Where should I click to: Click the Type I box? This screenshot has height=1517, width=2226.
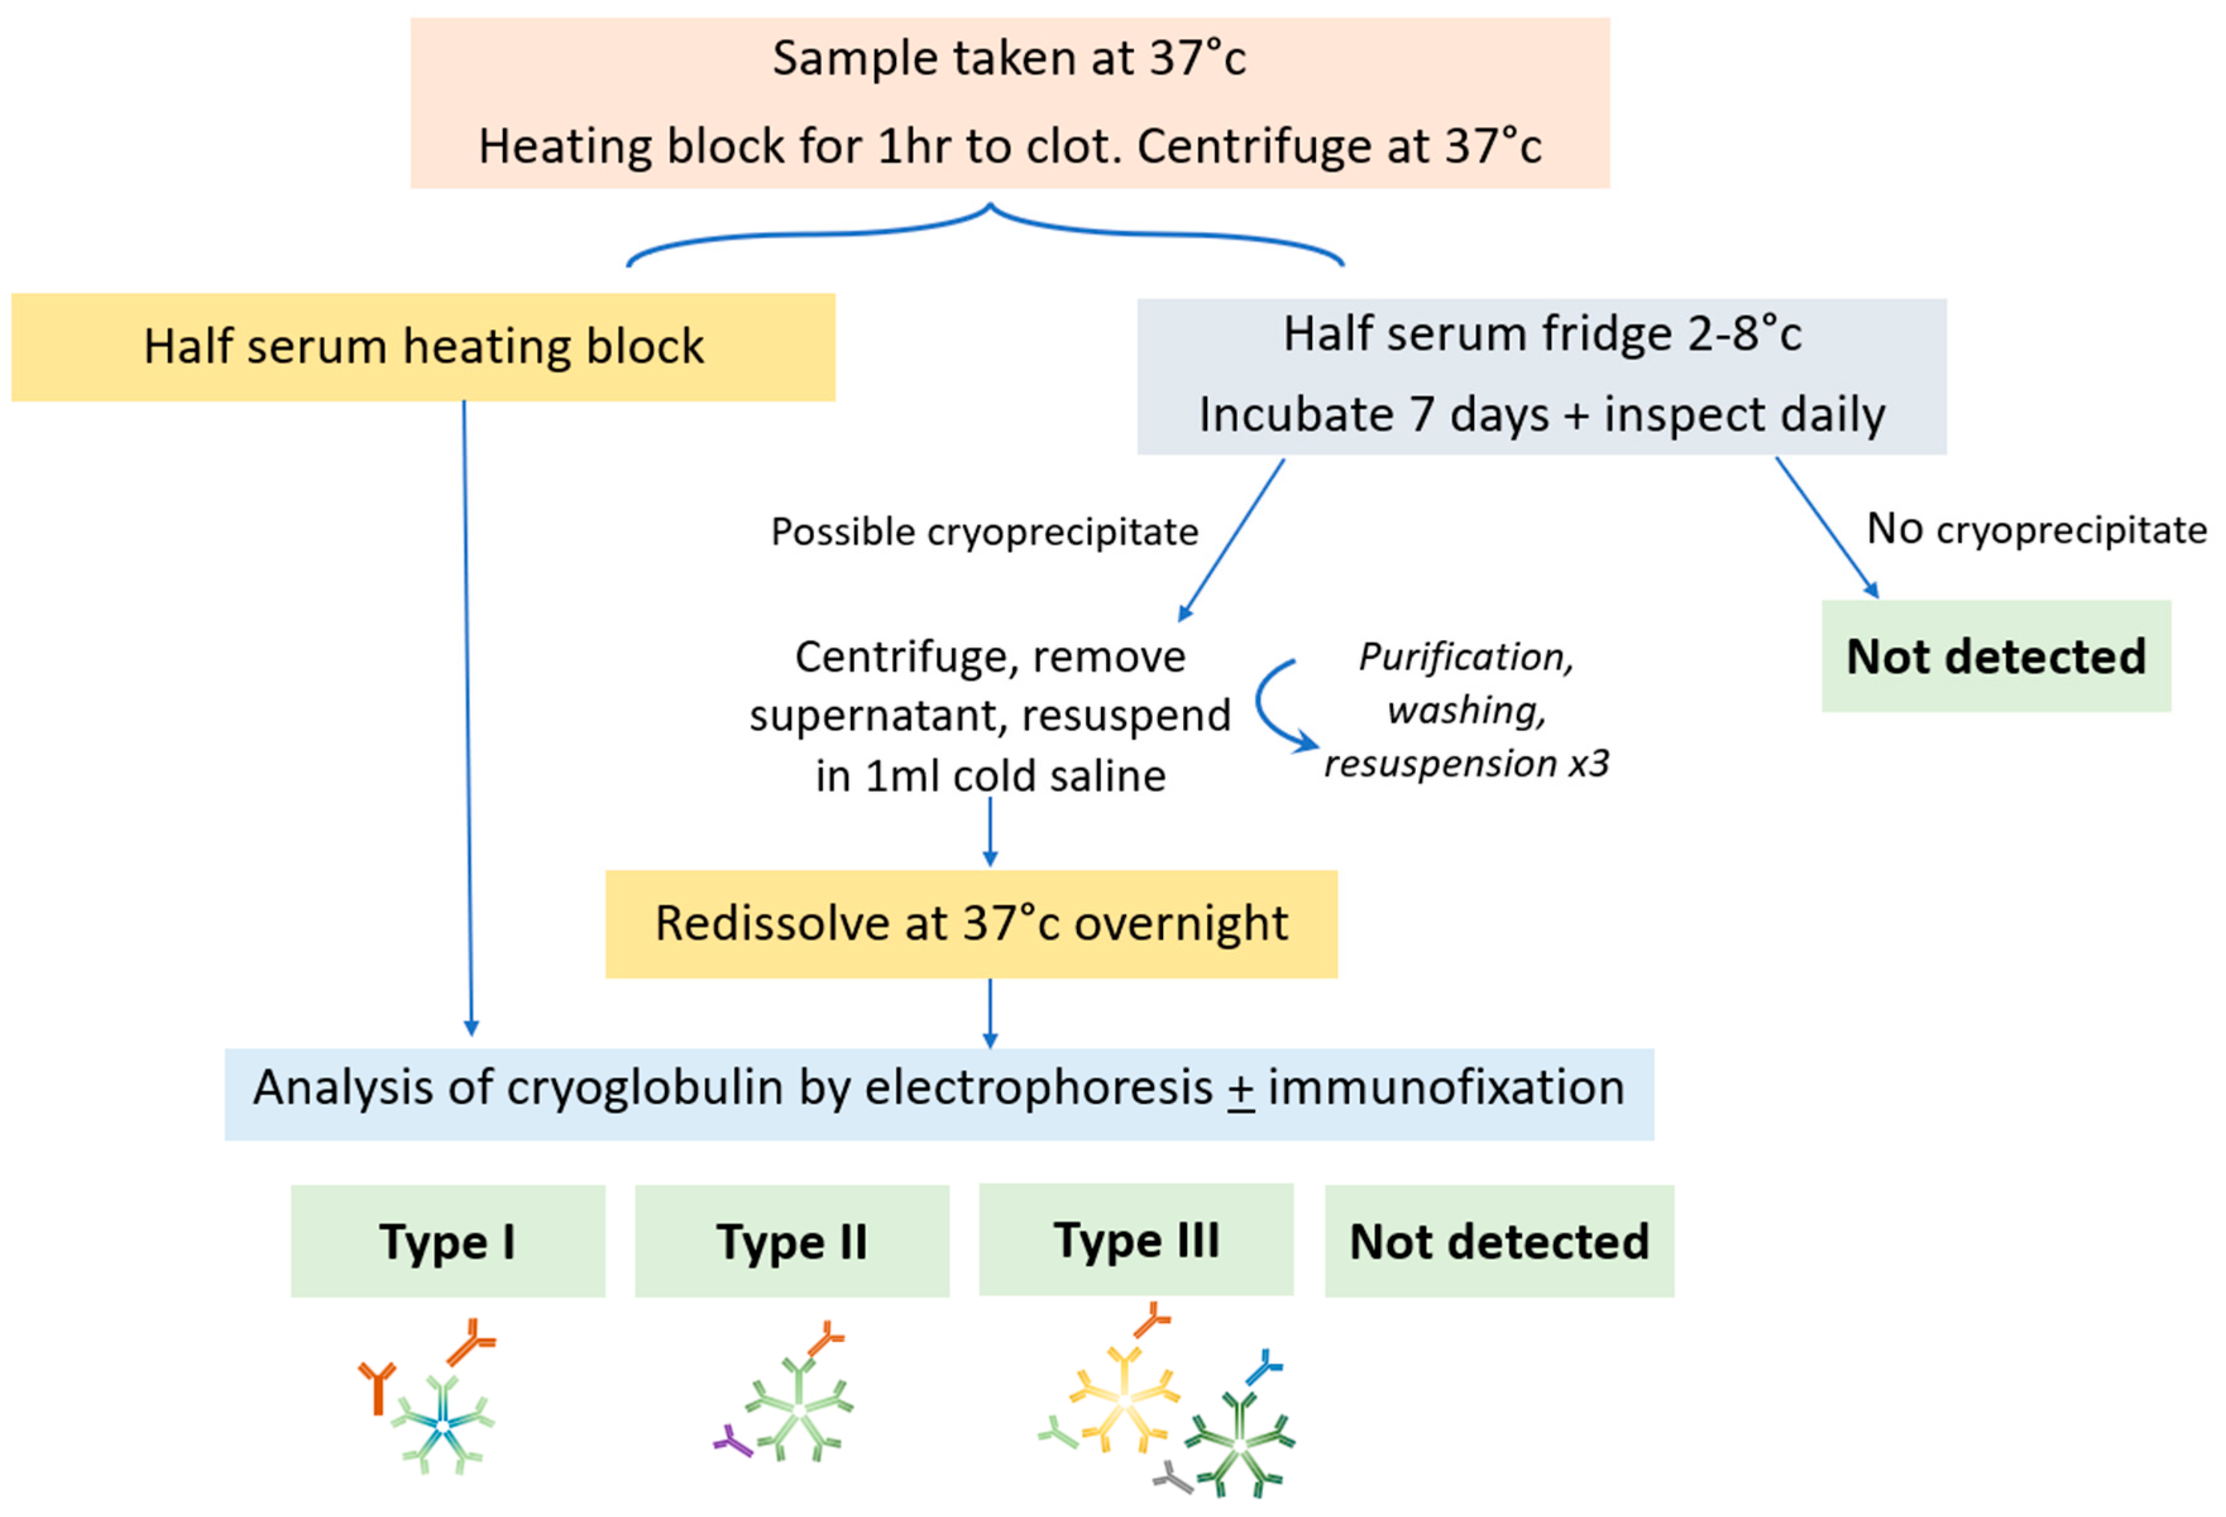[447, 1241]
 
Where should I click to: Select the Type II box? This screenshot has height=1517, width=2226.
[791, 1241]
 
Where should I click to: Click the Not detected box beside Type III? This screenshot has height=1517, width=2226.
[1499, 1241]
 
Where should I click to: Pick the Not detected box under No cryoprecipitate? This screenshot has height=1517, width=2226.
[1995, 656]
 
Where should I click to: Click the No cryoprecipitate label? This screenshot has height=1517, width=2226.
[2036, 529]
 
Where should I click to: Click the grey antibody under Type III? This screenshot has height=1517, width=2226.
[1172, 1478]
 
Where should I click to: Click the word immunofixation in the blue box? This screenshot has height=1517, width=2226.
[1445, 1088]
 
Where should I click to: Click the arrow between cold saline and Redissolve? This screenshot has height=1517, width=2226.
[990, 831]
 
